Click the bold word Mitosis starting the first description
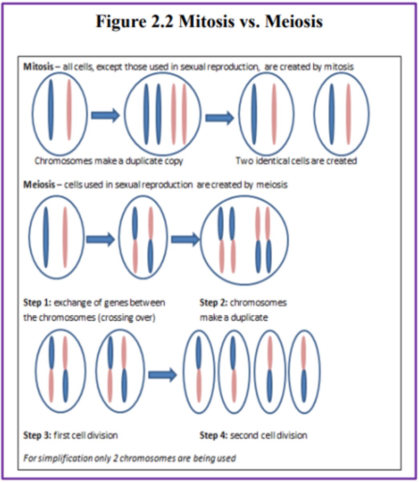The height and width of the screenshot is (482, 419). tap(38, 67)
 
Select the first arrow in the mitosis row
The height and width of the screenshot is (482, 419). tap(105, 115)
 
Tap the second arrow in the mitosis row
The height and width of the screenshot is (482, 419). tap(220, 117)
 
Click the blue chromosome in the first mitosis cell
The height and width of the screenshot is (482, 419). tap(51, 110)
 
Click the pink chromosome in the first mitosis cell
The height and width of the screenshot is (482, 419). tap(69, 110)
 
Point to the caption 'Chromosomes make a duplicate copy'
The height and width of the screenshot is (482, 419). tap(108, 161)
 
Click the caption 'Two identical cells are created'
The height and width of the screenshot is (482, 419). tap(296, 161)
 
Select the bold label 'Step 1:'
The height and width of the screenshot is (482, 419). tap(37, 302)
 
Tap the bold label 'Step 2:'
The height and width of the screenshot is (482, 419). tap(214, 302)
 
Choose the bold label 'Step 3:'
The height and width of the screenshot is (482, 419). tap(37, 435)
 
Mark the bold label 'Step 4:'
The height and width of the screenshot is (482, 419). tap(214, 435)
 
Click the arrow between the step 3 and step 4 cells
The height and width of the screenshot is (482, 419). tap(162, 375)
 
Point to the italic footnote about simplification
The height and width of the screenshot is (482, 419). tap(129, 458)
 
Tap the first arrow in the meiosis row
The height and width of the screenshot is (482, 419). tap(100, 240)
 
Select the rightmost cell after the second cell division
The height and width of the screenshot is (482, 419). tap(304, 372)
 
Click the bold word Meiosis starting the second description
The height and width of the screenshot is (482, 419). tap(38, 185)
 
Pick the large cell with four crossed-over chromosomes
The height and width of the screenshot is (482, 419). tap(244, 240)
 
